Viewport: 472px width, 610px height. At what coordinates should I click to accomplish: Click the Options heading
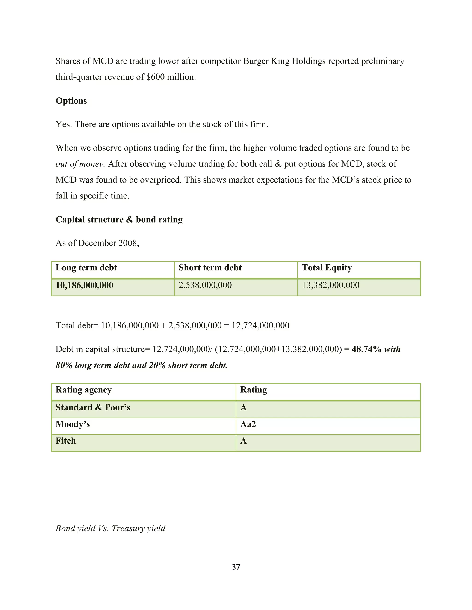[71, 101]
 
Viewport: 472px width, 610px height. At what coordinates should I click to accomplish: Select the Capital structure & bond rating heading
[119, 220]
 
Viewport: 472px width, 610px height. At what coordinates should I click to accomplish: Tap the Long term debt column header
[86, 268]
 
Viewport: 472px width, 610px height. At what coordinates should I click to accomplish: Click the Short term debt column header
[210, 268]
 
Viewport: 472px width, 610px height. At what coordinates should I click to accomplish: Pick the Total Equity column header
[327, 268]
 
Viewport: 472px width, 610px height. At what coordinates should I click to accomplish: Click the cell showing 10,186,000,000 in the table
[84, 285]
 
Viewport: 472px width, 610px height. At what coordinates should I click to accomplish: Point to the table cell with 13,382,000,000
[330, 285]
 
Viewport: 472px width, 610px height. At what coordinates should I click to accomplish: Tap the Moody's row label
[73, 424]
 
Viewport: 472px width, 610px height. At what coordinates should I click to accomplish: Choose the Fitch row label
[66, 441]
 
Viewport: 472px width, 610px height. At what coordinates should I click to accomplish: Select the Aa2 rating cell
[248, 424]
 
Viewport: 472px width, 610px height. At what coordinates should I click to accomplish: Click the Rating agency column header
[84, 390]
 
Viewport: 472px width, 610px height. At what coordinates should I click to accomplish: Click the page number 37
[236, 567]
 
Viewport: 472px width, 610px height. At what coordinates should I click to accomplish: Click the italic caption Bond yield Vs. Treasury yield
[110, 529]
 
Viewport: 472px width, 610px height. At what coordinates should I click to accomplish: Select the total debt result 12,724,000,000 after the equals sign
[261, 326]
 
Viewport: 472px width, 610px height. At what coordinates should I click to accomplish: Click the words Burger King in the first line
[266, 61]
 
